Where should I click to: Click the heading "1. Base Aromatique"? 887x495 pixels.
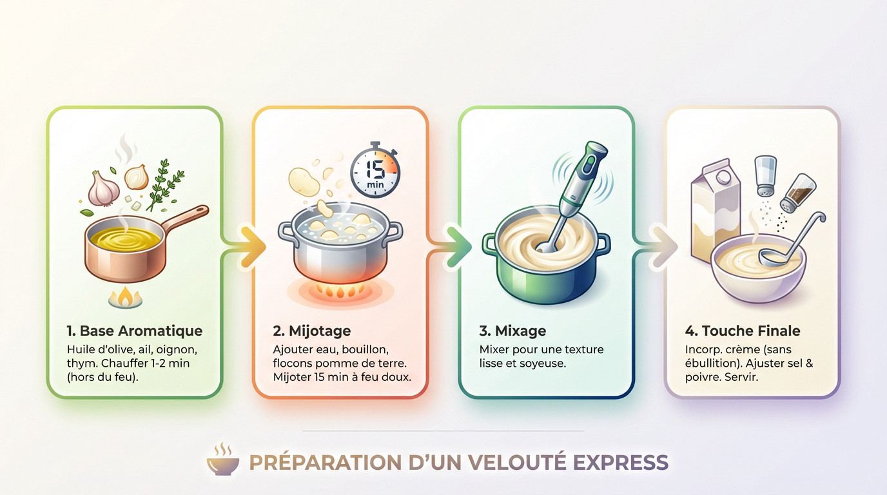(134, 331)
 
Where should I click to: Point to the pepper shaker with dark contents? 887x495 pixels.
(798, 193)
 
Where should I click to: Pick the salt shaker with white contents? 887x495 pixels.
(765, 175)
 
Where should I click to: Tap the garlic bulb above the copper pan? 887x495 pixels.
(103, 188)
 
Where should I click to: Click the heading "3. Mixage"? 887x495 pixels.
(512, 331)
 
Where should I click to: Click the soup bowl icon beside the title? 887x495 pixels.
(223, 460)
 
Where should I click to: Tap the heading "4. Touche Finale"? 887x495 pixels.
(742, 331)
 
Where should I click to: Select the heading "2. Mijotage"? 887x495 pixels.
(312, 331)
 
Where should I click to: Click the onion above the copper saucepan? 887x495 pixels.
(136, 177)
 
